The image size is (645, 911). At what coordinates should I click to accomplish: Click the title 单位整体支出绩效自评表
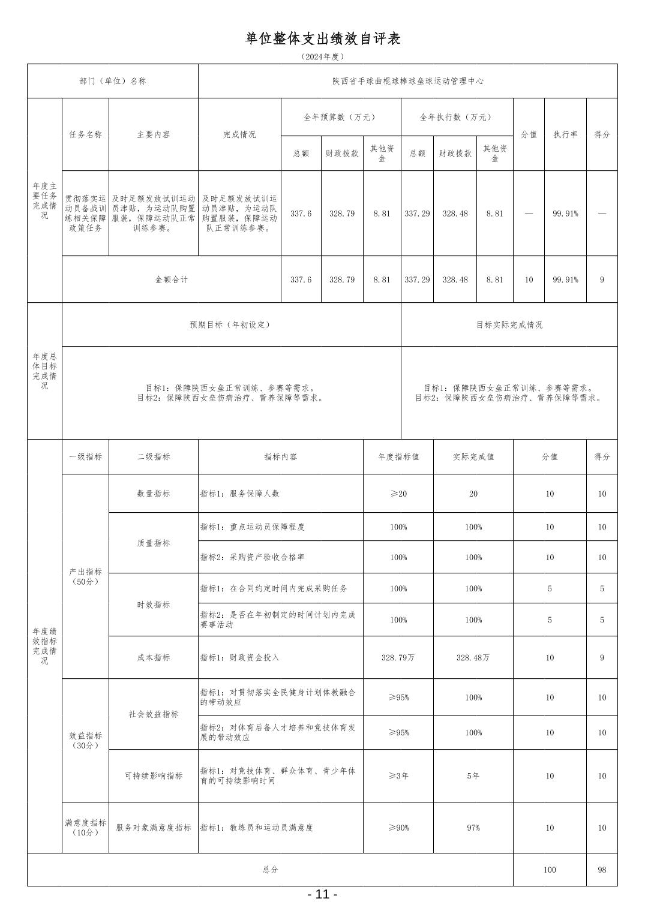tap(322, 39)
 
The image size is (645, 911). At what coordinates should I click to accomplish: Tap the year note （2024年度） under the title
tap(322, 57)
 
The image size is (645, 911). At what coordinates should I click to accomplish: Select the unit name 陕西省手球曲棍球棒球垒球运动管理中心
tap(408, 81)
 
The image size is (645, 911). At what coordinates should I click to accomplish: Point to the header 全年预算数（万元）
tap(340, 118)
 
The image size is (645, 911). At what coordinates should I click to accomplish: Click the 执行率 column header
tap(565, 134)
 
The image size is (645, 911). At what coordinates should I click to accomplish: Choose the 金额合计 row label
tap(172, 279)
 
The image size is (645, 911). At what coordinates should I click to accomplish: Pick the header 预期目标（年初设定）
tap(230, 324)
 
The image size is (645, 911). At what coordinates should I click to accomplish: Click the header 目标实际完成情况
tap(509, 324)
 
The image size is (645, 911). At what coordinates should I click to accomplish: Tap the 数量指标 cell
tap(154, 494)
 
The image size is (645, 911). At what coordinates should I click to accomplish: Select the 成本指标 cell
tap(154, 657)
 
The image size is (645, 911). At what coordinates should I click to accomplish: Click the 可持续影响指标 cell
tap(154, 775)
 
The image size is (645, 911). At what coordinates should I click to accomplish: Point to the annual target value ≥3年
tap(398, 775)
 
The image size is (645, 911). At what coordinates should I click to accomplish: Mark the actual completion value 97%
tap(473, 828)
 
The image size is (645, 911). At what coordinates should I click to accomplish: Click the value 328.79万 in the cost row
tap(398, 657)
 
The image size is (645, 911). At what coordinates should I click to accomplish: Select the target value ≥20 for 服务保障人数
tap(398, 494)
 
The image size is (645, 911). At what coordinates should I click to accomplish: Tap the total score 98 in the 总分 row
tap(602, 870)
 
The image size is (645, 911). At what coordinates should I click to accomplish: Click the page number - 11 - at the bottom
tap(322, 894)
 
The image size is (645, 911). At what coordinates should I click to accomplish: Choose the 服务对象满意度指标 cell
tap(154, 828)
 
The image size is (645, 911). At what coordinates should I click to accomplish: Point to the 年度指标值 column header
tap(398, 456)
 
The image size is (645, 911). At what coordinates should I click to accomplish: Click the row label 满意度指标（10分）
tap(85, 828)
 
